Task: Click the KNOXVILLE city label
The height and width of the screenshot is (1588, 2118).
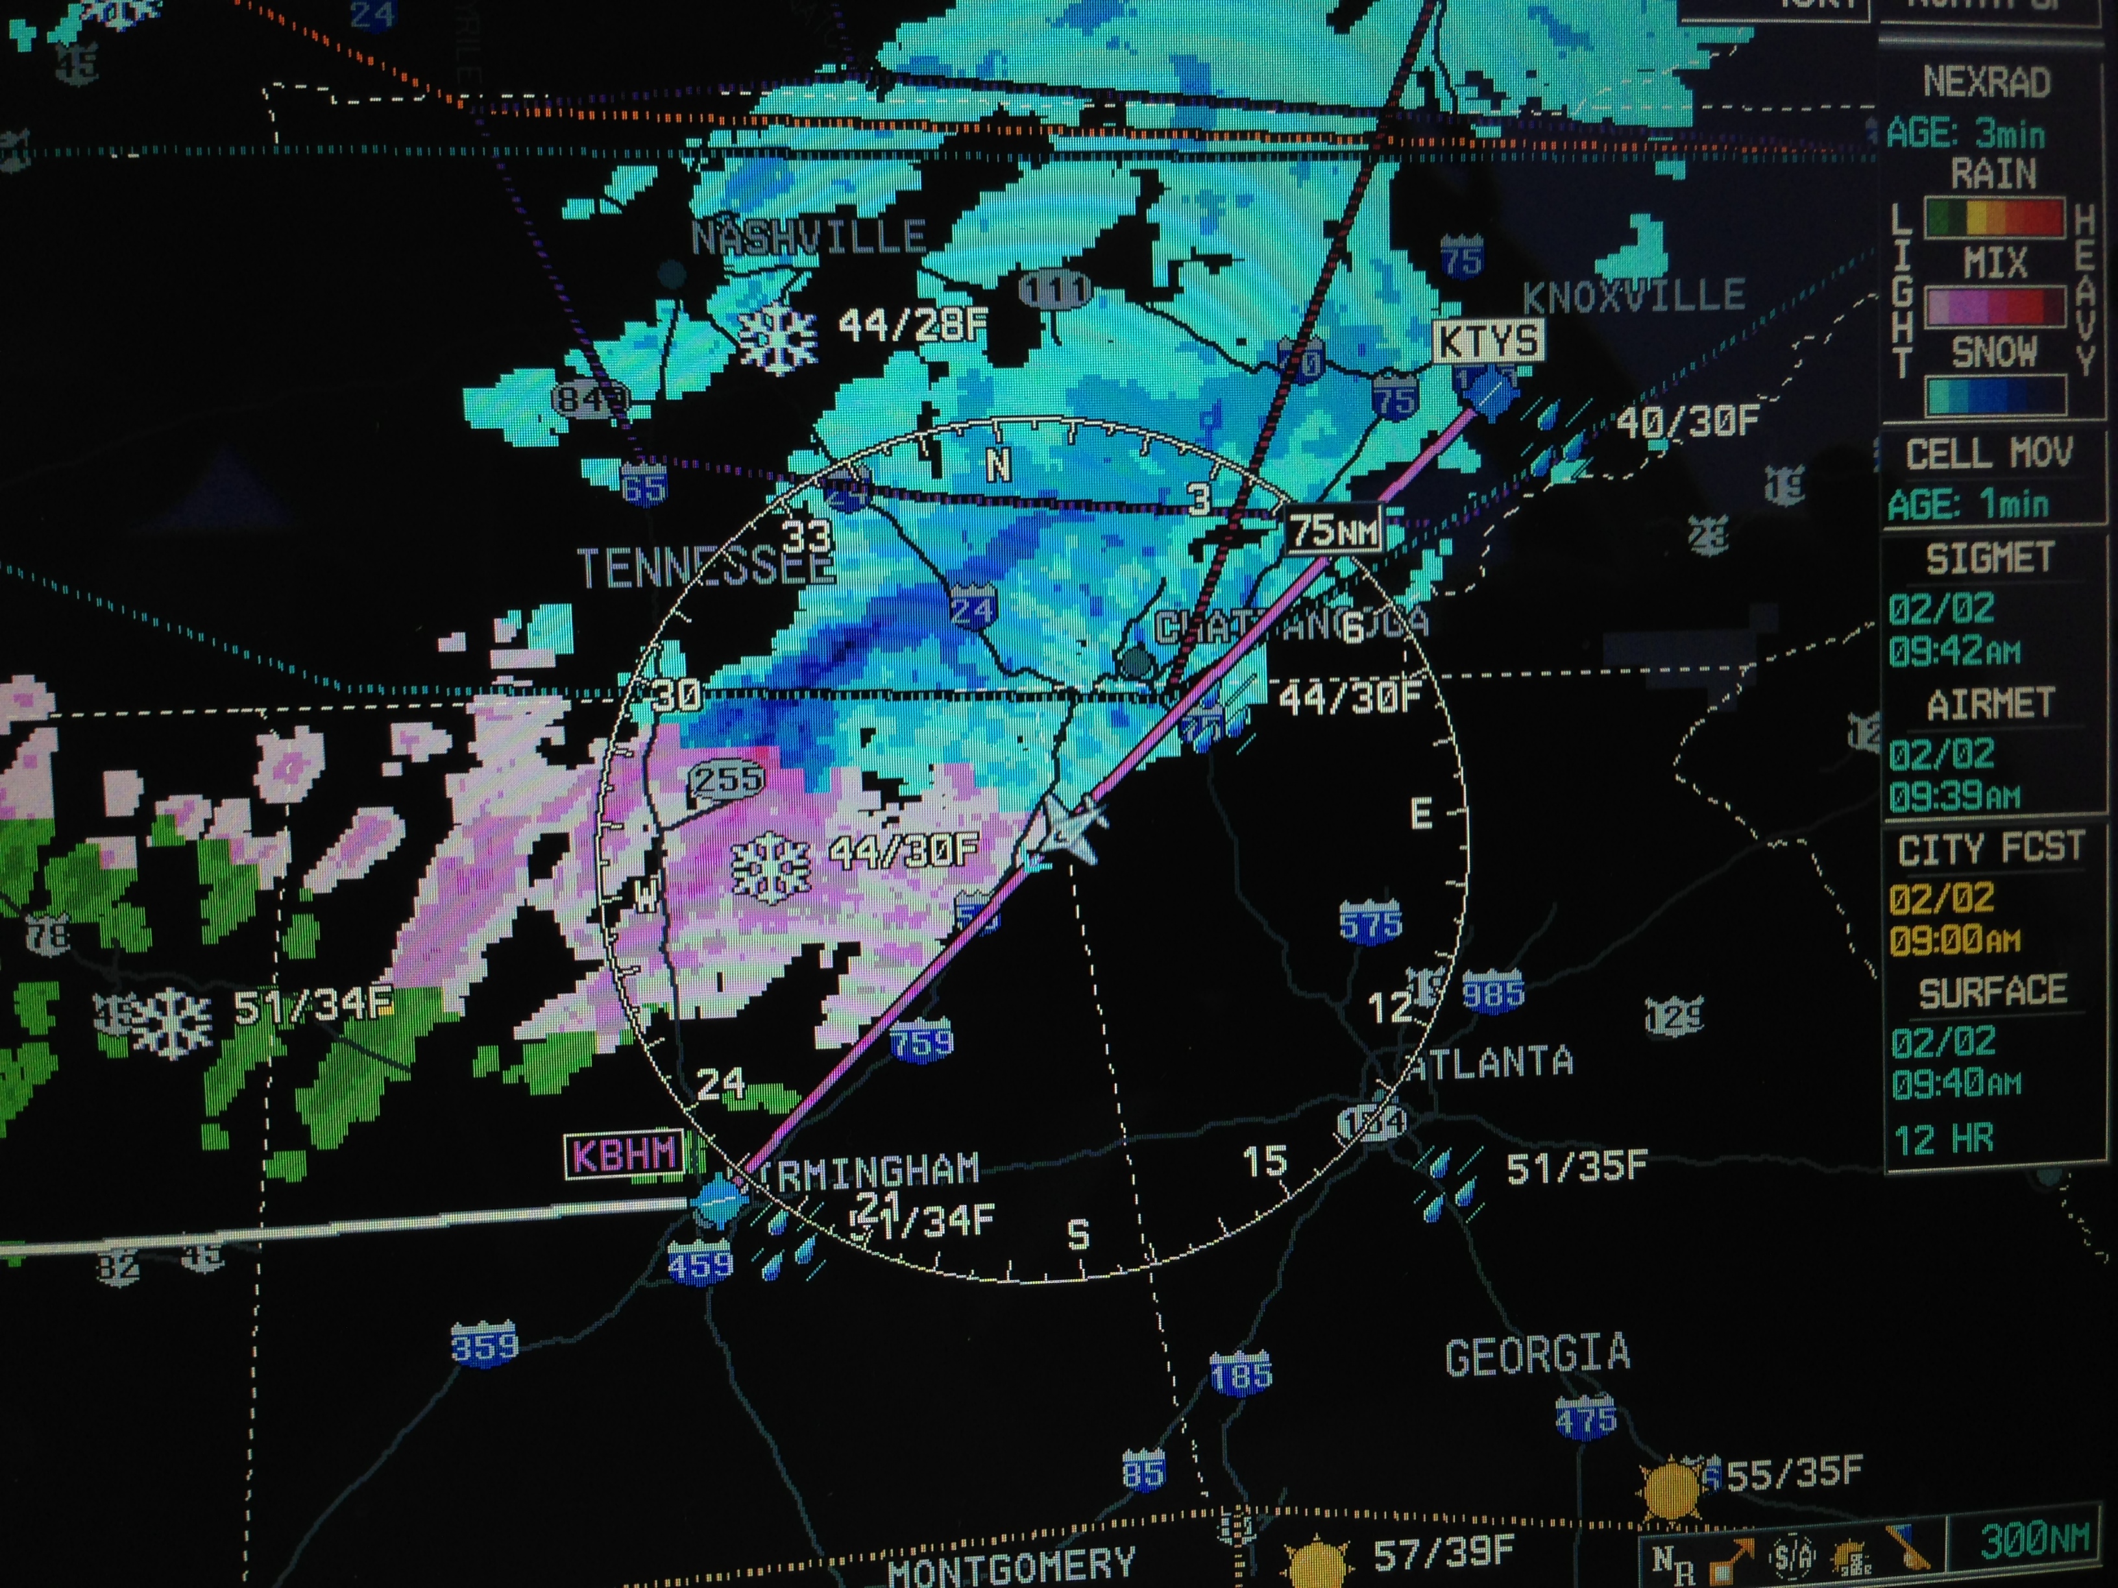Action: [1633, 296]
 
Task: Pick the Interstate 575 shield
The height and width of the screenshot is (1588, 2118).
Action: [1371, 922]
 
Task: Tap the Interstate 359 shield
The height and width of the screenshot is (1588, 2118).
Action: [485, 1345]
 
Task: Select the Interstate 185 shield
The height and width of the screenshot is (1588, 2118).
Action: [1241, 1375]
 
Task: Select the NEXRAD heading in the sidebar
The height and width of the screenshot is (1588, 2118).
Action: [1987, 83]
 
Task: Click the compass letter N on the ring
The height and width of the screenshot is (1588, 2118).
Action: [999, 466]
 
